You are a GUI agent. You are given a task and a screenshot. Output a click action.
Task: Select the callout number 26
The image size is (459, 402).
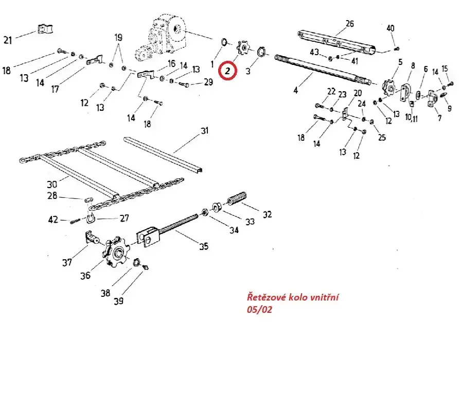pos(349,24)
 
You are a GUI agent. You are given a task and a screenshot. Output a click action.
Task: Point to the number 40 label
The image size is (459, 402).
pos(391,28)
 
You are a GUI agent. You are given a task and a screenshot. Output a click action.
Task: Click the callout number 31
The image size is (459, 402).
pos(205,131)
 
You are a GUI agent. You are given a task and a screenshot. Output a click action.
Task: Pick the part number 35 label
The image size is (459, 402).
pos(204,246)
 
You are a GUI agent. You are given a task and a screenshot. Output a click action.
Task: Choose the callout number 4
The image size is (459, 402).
pos(295,91)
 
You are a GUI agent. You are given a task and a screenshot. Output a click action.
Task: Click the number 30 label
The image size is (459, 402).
pos(52,185)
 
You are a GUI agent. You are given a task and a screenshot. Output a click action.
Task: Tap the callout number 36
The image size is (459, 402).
pos(85,276)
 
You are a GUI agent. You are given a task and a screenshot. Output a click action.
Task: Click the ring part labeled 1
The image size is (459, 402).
pos(224,41)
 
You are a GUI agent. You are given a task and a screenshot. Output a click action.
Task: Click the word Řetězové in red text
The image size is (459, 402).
pos(263,298)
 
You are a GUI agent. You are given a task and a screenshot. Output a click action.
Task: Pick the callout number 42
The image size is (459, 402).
pos(54,220)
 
